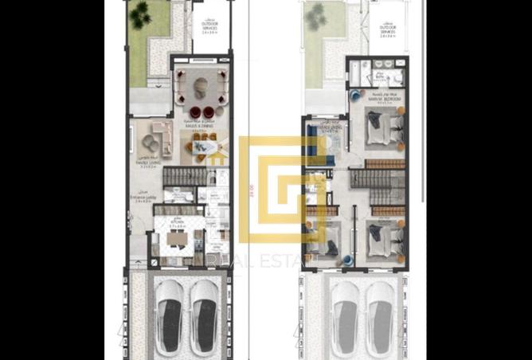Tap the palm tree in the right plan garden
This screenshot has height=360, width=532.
(318, 13)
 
